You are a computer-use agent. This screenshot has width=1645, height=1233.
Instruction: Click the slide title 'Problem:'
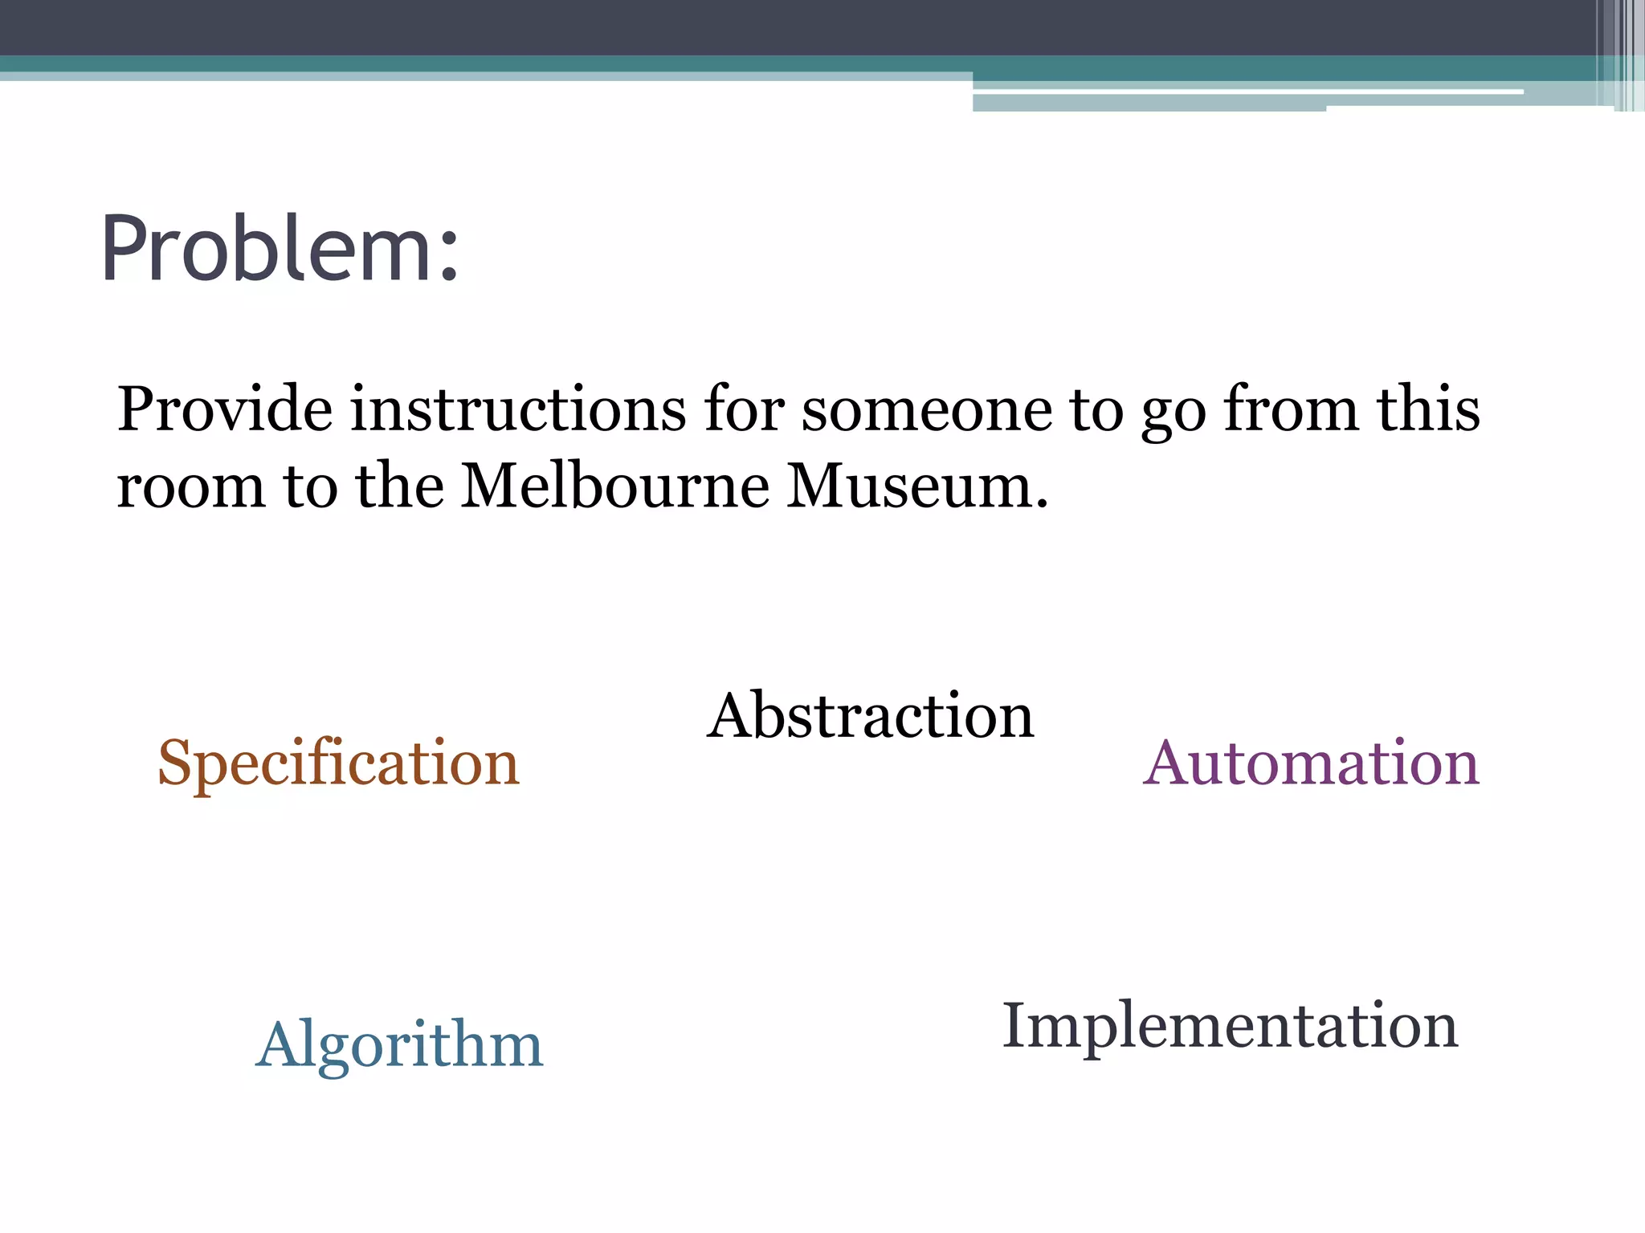pos(280,248)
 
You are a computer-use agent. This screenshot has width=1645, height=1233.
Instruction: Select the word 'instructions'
pos(518,409)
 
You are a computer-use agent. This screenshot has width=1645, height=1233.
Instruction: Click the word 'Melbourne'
pos(614,486)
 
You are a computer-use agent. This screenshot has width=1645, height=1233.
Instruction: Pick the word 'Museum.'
pos(917,486)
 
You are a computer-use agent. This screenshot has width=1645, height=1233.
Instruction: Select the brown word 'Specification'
pos(338,763)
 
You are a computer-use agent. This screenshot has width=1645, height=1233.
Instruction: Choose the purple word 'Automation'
pos(1311,763)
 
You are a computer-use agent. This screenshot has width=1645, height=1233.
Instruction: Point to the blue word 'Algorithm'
pos(399,1045)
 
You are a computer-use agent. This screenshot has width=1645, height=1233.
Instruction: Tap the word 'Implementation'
pos(1230,1026)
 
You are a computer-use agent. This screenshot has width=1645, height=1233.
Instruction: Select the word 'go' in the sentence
pos(1174,414)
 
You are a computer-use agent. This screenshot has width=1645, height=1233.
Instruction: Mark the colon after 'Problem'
pos(449,253)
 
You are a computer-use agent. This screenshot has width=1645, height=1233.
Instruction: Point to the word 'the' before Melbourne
pos(400,486)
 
